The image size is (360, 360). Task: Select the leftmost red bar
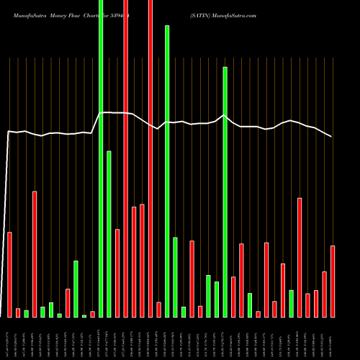point(9,274)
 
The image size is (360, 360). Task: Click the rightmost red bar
point(333,281)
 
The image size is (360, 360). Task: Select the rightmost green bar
point(291,303)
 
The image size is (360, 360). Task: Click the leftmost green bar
point(26,313)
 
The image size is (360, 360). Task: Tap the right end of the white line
point(332,136)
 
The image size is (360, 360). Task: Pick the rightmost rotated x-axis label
point(333,338)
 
